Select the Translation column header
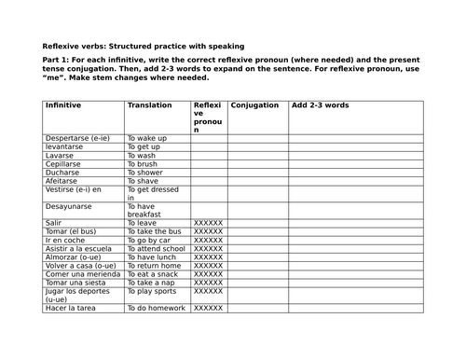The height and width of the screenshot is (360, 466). click(x=149, y=105)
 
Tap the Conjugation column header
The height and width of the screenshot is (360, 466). click(x=254, y=105)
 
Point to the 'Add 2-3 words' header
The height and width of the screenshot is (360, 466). click(x=321, y=105)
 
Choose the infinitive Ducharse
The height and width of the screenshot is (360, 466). click(x=63, y=172)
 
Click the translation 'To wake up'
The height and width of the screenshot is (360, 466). click(x=147, y=138)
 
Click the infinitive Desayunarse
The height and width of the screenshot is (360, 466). click(x=71, y=206)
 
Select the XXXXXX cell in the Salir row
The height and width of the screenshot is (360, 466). click(x=207, y=223)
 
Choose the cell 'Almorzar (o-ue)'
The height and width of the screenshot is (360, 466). click(x=76, y=256)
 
